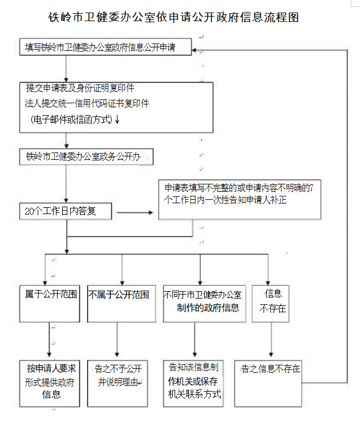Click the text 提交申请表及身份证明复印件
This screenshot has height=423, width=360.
[x=80, y=88]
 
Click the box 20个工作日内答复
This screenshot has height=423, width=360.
[x=68, y=211]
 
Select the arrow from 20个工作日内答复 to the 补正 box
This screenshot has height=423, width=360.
[x=135, y=213]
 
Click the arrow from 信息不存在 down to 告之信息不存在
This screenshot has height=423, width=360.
[x=270, y=340]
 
